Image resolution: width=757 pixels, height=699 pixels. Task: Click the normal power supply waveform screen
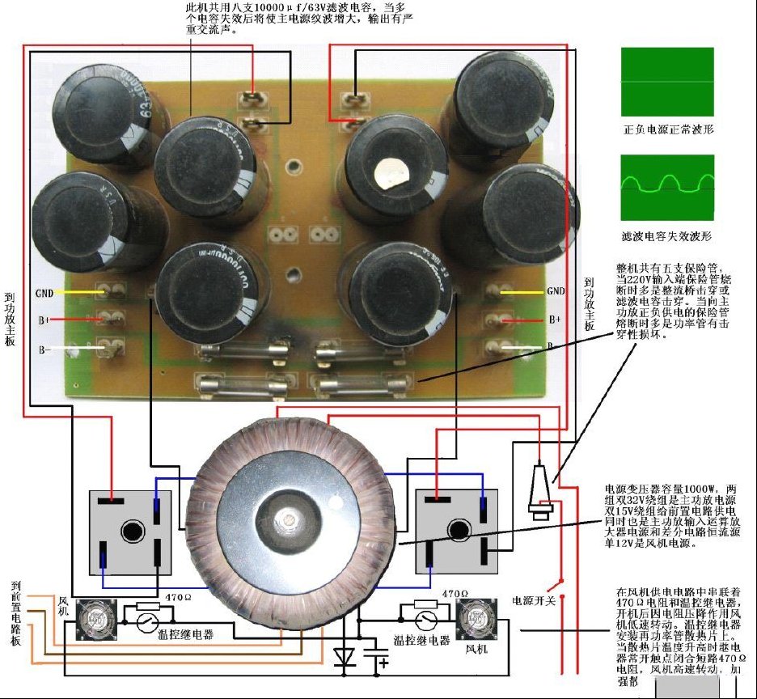coord(668,81)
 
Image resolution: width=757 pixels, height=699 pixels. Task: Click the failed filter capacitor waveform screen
coord(668,188)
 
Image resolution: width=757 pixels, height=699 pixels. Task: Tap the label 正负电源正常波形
coord(668,129)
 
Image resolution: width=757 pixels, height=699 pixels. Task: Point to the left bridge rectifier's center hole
coord(129,532)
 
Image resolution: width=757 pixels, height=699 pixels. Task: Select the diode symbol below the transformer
coord(345,657)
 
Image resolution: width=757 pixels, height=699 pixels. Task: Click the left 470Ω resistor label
coord(177,597)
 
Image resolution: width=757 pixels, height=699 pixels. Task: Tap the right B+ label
coord(553,320)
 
